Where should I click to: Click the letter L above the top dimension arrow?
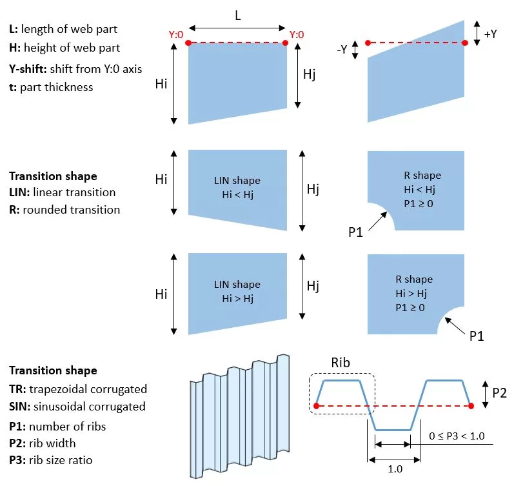238,15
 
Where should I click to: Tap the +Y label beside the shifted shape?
490,34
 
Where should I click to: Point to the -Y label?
342,49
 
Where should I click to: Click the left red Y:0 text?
176,34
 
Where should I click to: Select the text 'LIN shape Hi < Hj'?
237,187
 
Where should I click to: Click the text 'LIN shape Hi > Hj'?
237,291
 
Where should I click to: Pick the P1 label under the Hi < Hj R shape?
355,232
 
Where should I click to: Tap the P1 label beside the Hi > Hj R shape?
477,336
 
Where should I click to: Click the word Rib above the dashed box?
341,363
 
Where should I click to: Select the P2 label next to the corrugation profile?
500,393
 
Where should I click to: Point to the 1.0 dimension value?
395,469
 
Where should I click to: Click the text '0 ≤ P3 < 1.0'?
457,436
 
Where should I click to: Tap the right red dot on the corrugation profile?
471,406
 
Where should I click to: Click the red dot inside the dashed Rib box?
317,406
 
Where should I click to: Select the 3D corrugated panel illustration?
240,416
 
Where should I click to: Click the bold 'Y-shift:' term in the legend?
28,69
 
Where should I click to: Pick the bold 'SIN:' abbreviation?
20,407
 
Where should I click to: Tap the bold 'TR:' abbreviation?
17,389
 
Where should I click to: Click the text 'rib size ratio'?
61,460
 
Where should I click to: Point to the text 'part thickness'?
56,87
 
